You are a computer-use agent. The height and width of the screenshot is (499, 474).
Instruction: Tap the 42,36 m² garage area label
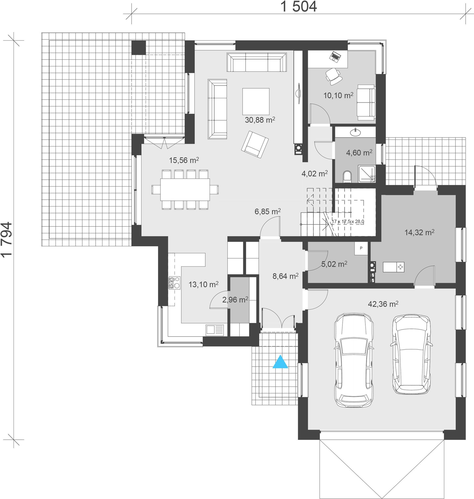[x=383, y=304]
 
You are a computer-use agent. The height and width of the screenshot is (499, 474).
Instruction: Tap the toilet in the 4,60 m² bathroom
[x=347, y=176]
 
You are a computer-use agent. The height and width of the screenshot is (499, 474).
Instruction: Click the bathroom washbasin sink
[x=355, y=132]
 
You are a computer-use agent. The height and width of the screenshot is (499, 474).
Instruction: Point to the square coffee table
[x=256, y=101]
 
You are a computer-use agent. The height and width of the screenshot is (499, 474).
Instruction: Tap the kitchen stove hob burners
[x=175, y=283]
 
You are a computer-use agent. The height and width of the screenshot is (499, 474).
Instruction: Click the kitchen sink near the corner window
[x=215, y=330]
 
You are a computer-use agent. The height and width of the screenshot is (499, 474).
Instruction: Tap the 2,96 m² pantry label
[x=235, y=300]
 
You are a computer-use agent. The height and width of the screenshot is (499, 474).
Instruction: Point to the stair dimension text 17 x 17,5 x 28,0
[x=348, y=222]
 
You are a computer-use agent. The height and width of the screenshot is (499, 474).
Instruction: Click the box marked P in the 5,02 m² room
[x=361, y=248]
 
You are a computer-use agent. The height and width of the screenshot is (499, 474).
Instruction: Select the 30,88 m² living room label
[x=260, y=120]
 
